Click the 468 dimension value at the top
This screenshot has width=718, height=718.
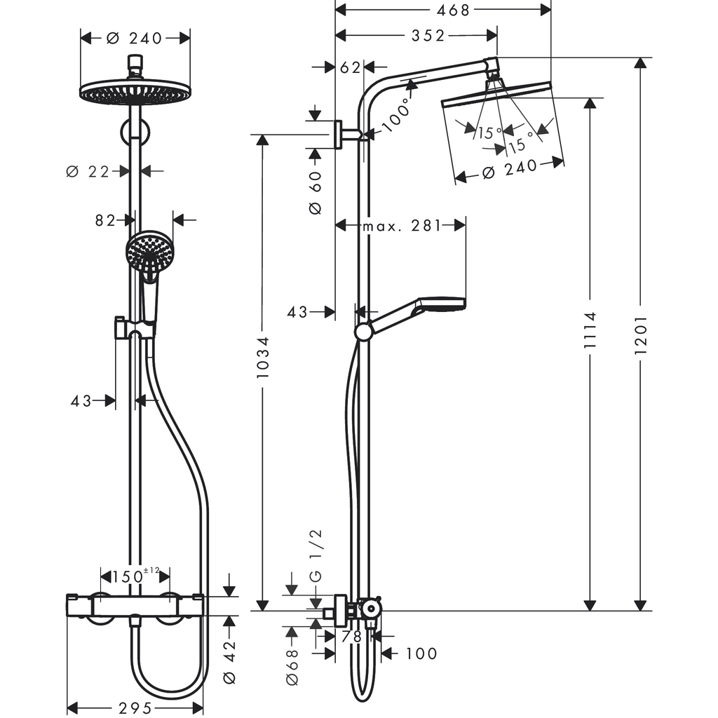pyautogui.click(x=453, y=9)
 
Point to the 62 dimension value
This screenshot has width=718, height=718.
pyautogui.click(x=350, y=67)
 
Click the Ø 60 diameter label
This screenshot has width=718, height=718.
pyautogui.click(x=315, y=192)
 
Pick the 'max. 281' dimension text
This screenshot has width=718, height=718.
pyautogui.click(x=402, y=226)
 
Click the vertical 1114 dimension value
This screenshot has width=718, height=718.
pyautogui.click(x=590, y=333)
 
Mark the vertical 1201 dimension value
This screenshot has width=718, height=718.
pyautogui.click(x=639, y=333)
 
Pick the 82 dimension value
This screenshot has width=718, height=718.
pyautogui.click(x=105, y=220)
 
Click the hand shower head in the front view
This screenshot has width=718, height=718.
pyautogui.click(x=149, y=251)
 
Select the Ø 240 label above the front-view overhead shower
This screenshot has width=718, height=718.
pyautogui.click(x=135, y=39)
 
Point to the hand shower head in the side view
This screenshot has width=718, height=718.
pyautogui.click(x=442, y=305)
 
